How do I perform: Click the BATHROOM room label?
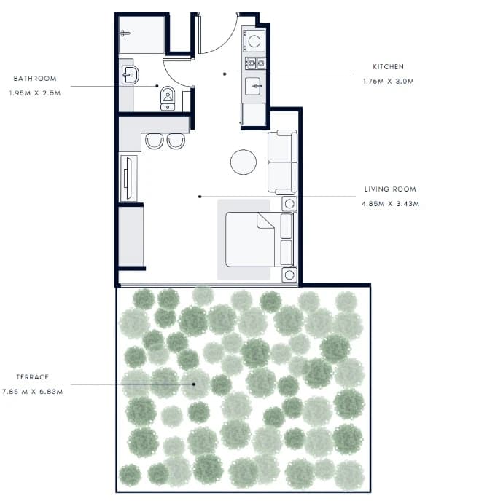pyautogui.click(x=35, y=79)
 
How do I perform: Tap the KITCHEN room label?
pyautogui.click(x=388, y=67)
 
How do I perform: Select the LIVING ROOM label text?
pyautogui.click(x=390, y=189)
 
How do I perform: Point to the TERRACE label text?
pyautogui.click(x=33, y=377)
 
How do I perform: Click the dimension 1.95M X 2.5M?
pyautogui.click(x=35, y=93)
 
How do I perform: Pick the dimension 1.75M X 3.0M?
pyautogui.click(x=388, y=82)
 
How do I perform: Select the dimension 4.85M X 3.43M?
pyautogui.click(x=390, y=204)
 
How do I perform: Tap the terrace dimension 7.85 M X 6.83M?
pyautogui.click(x=32, y=392)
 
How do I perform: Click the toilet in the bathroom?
pyautogui.click(x=168, y=98)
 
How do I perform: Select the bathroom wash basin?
pyautogui.click(x=130, y=75)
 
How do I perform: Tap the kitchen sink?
pyautogui.click(x=254, y=86)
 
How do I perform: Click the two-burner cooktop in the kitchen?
pyautogui.click(x=255, y=63)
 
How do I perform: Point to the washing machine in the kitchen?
pyautogui.click(x=254, y=41)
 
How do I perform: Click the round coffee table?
pyautogui.click(x=244, y=162)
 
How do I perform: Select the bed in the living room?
pyautogui.click(x=259, y=240)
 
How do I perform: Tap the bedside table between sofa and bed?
pyautogui.click(x=289, y=204)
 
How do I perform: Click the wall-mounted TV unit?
pyautogui.click(x=128, y=178)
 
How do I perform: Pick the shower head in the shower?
pyautogui.click(x=125, y=33)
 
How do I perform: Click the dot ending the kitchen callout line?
pyautogui.click(x=225, y=74)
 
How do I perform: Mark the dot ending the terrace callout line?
pyautogui.click(x=194, y=384)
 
